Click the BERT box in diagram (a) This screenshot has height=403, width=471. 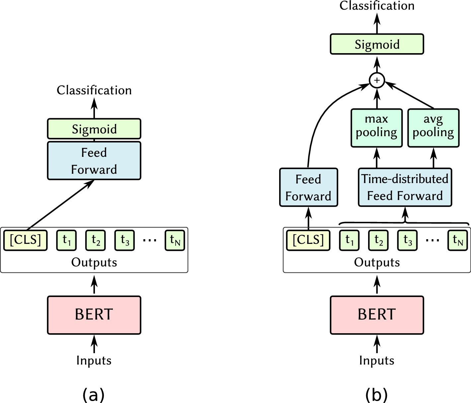[x=94, y=315]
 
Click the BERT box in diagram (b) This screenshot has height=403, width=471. [x=377, y=315]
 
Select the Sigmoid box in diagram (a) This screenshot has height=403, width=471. [x=94, y=129]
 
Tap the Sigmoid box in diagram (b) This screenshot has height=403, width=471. [x=377, y=44]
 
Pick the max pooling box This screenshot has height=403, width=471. [x=376, y=128]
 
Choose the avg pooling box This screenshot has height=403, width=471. [x=433, y=128]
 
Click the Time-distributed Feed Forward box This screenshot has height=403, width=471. [x=405, y=187]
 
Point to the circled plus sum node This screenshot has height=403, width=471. [x=377, y=80]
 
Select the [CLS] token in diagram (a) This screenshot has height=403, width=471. [x=25, y=240]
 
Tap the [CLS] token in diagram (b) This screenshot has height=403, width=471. [x=308, y=240]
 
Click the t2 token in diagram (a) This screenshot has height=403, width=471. [x=96, y=240]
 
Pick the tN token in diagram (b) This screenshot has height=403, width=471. [x=458, y=240]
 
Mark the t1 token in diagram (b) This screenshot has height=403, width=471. [x=349, y=240]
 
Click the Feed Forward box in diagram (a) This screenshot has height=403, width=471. [x=94, y=161]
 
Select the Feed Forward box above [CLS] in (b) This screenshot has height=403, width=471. [x=308, y=187]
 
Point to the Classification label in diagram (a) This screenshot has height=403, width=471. [x=94, y=90]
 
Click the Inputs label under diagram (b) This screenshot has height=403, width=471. [x=377, y=360]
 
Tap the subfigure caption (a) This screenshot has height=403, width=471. [x=93, y=395]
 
